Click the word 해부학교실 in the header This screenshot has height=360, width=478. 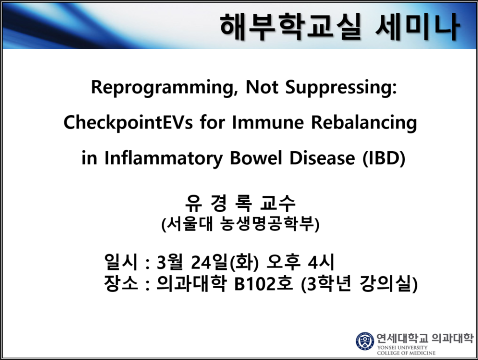click(290, 27)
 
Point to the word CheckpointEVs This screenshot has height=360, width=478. click(128, 123)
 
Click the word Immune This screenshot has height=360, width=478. click(268, 122)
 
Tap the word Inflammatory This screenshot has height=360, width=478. click(163, 158)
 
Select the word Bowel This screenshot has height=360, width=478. click(256, 158)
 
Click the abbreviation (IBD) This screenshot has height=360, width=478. click(384, 158)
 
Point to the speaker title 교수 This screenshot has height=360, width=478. click(278, 203)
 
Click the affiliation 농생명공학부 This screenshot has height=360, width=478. click(269, 224)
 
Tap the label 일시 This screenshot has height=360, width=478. click(121, 261)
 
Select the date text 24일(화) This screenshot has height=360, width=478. click(225, 262)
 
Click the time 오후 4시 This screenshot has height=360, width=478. click(301, 262)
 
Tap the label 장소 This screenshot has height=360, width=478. click(121, 283)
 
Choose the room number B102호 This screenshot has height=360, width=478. click(264, 284)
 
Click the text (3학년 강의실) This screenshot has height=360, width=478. click(359, 284)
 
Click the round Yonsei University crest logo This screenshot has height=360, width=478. click(365, 341)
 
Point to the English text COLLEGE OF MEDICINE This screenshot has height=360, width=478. click(406, 353)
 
